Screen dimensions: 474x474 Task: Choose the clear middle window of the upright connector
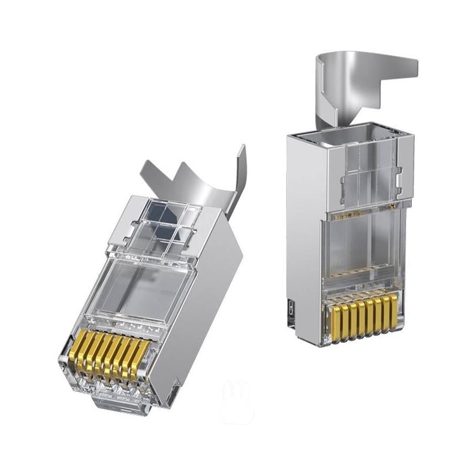(x=363, y=248)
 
